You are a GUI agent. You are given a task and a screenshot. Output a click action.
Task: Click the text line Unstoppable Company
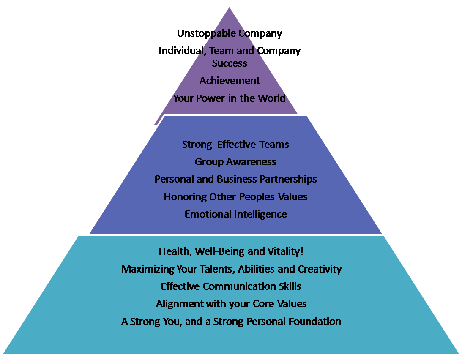(230, 33)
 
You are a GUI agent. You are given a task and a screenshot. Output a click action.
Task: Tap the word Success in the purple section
(230, 63)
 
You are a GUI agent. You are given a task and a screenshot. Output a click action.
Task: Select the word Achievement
(230, 80)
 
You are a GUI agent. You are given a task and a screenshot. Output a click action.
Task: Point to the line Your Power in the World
(229, 98)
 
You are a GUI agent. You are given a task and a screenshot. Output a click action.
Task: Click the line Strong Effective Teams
(235, 145)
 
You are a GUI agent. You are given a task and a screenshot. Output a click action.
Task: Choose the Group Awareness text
(235, 162)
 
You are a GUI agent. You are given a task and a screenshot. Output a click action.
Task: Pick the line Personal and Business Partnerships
(235, 179)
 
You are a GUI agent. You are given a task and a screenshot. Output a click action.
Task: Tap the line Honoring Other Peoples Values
(235, 197)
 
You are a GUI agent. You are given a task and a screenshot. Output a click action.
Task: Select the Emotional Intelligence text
(236, 214)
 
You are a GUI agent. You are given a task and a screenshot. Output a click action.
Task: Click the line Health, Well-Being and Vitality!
(231, 251)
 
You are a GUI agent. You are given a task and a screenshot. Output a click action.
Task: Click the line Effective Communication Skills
(231, 286)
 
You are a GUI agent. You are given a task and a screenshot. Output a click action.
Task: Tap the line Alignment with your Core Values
(231, 304)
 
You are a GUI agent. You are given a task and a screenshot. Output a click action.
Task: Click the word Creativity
(320, 269)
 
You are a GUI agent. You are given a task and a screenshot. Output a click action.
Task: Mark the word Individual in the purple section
(181, 51)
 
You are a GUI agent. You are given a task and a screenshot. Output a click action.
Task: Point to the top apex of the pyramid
(229, 7)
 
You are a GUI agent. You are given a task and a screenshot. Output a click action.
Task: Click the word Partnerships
(288, 179)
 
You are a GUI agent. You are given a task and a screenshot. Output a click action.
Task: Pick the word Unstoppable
(206, 33)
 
